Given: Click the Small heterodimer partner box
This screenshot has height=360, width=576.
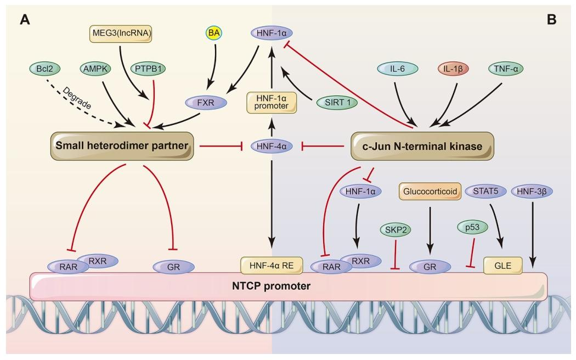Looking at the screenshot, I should click(x=123, y=146).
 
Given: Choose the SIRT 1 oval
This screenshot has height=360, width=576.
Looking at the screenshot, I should click(x=334, y=102).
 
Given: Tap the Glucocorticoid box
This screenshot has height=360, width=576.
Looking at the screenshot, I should click(x=428, y=191).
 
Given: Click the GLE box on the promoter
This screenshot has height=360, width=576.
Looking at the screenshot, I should click(x=502, y=266).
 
